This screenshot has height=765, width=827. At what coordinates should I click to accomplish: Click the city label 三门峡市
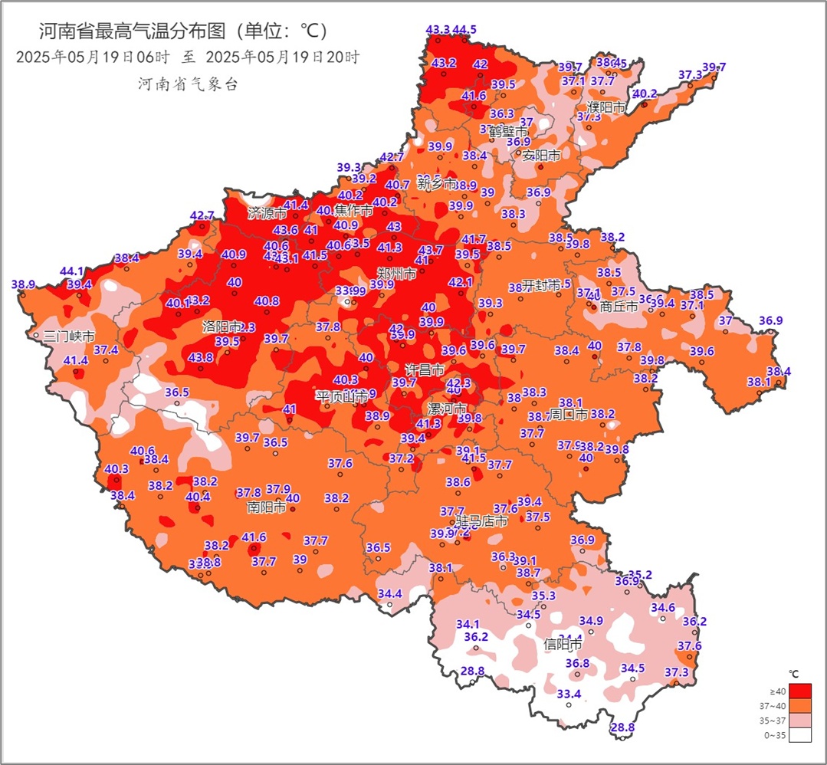click(70, 336)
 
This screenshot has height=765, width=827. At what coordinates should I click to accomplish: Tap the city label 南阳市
click(267, 507)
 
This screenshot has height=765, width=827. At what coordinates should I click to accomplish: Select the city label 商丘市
click(619, 307)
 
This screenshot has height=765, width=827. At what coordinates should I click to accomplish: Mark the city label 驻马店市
click(482, 521)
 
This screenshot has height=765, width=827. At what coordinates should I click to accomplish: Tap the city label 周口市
click(569, 415)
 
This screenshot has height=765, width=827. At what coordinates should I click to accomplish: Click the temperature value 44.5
click(464, 30)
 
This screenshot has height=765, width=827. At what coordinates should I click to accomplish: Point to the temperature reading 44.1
click(71, 271)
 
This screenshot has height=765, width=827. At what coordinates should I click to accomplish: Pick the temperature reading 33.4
click(569, 694)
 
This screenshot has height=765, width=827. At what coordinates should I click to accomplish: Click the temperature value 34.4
click(390, 593)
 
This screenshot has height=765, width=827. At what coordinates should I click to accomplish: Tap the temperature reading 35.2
click(640, 575)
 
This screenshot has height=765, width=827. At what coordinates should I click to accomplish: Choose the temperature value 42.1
click(461, 283)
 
